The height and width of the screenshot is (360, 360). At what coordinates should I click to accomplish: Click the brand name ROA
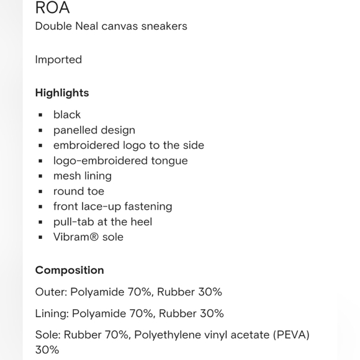52,8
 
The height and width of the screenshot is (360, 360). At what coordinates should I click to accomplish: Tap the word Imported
58,60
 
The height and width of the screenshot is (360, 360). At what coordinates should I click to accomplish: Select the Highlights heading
62,93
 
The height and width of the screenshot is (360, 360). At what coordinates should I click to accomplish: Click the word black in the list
67,115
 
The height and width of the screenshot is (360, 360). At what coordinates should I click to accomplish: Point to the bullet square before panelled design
40,130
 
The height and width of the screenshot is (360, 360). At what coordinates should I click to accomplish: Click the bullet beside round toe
40,191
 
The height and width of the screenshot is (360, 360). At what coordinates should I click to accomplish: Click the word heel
140,222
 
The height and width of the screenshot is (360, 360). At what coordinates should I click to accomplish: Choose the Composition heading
70,270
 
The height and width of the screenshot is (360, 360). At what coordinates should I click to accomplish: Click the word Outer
50,292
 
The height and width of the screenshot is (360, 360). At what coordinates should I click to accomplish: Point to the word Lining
52,313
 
